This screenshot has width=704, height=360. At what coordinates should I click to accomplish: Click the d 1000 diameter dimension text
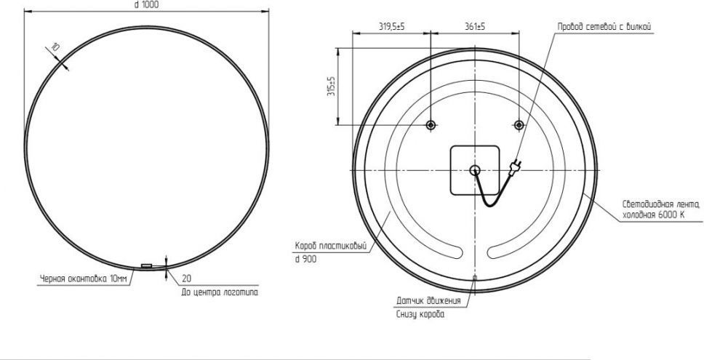[x=146, y=4]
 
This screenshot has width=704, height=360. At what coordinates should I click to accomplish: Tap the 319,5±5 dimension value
[x=391, y=27]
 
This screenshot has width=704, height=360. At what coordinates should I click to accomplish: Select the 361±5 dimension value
[x=475, y=27]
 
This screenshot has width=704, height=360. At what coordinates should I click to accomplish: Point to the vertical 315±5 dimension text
[x=332, y=87]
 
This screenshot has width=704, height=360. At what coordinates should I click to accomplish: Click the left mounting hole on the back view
[x=431, y=125]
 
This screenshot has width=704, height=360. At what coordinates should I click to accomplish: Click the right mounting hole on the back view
[x=519, y=125]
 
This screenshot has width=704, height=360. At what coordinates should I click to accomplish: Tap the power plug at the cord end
[x=514, y=167]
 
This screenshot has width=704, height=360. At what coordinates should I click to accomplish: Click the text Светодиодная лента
[x=661, y=204]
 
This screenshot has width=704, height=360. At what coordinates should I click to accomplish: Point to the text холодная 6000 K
[x=653, y=215]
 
